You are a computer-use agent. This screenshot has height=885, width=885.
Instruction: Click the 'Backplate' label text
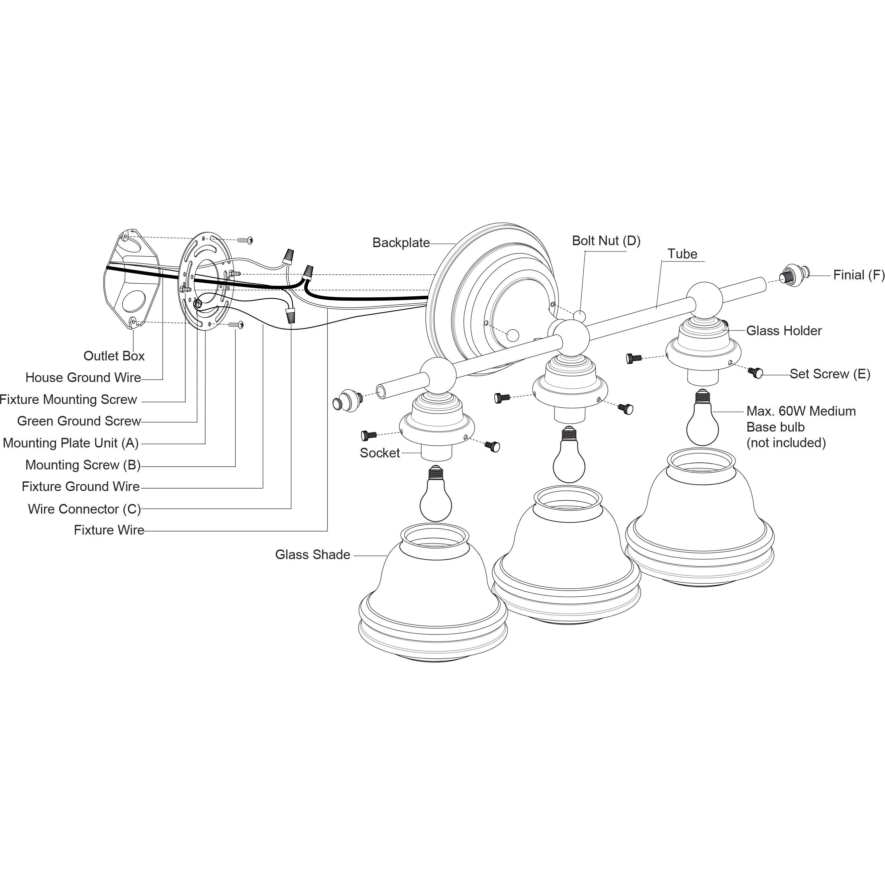click(401, 243)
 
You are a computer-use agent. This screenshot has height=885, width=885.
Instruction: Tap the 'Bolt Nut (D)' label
click(606, 241)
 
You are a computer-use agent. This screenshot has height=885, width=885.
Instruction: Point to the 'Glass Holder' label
click(784, 331)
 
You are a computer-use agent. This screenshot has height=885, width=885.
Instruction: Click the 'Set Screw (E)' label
click(830, 374)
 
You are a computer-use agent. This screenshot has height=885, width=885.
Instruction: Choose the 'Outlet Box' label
click(114, 356)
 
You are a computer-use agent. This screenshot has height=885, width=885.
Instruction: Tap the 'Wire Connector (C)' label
click(84, 509)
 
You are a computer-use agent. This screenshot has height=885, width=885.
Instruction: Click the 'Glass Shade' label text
click(312, 555)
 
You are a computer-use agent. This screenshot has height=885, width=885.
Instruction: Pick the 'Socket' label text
click(380, 453)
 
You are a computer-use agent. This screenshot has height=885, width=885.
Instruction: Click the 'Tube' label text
click(682, 254)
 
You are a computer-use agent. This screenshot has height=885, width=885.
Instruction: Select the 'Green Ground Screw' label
click(79, 421)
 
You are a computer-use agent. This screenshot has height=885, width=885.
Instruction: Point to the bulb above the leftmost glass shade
click(436, 497)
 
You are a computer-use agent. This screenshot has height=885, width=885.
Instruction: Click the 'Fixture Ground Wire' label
click(81, 486)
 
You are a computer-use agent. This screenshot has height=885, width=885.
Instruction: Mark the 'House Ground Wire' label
click(83, 377)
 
